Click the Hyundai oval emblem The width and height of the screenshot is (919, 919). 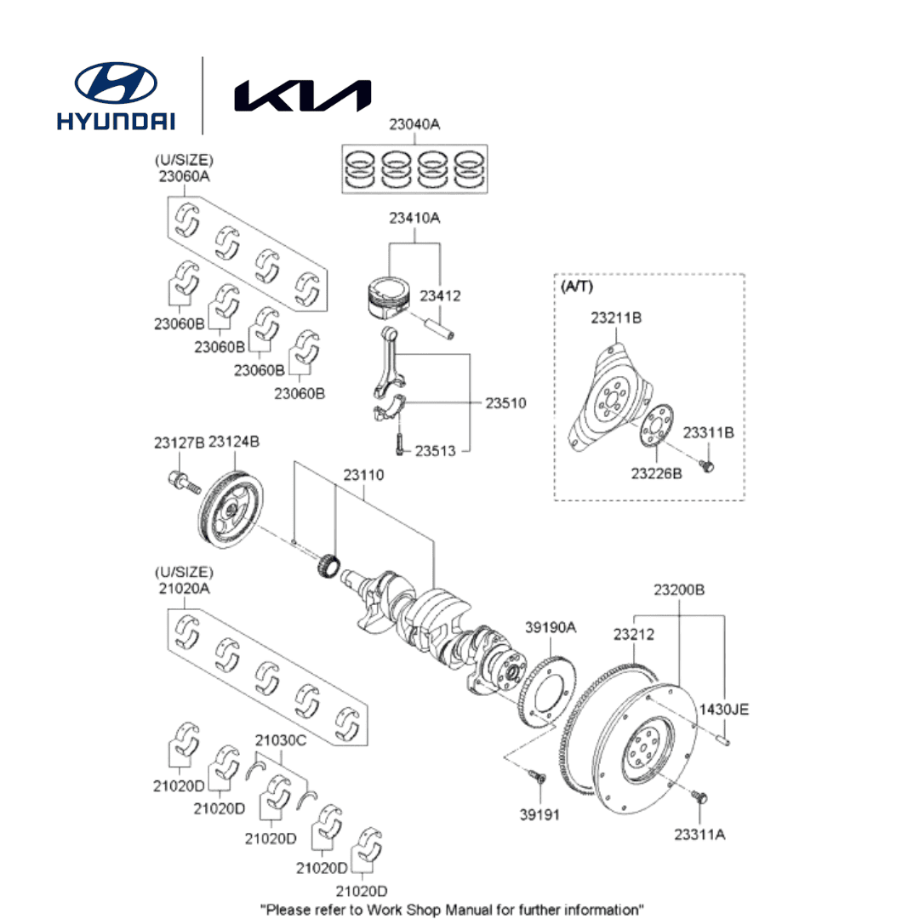click(x=116, y=83)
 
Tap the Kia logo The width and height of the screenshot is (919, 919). click(x=302, y=96)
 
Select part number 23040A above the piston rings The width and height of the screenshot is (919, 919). click(x=414, y=124)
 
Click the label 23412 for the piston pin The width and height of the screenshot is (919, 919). click(x=440, y=296)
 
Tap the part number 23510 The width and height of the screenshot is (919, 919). click(x=505, y=403)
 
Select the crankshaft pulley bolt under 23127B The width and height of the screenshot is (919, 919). click(x=184, y=481)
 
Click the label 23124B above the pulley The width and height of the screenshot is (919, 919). click(x=234, y=442)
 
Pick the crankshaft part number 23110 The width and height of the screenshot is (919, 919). click(x=363, y=476)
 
